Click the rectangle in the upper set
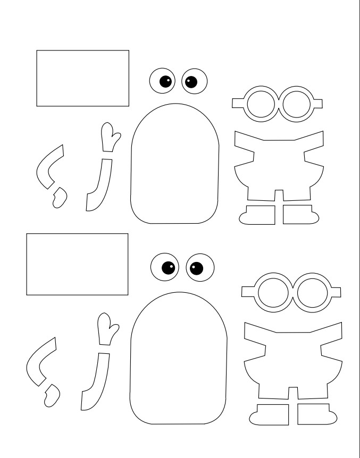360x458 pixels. (x=82, y=78)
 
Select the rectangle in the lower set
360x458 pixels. (x=77, y=264)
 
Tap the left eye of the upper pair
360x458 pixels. (x=162, y=81)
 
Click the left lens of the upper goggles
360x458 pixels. (x=261, y=105)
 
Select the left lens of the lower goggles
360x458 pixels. (x=273, y=291)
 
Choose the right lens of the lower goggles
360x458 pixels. (x=311, y=291)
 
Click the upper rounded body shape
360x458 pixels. (x=174, y=165)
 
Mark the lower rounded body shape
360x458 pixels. (x=179, y=361)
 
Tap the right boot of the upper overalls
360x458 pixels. (x=299, y=215)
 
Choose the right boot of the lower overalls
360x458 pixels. (x=313, y=414)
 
